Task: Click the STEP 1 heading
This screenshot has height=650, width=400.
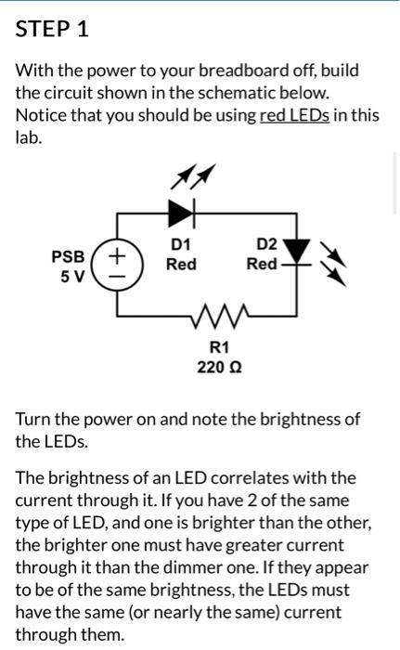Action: tap(52, 29)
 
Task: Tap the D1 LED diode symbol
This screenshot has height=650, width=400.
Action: tap(180, 213)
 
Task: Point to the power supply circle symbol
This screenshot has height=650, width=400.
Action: tap(118, 263)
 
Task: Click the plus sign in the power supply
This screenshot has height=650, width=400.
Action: tap(118, 253)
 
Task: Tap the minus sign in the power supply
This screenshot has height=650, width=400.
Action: tap(118, 275)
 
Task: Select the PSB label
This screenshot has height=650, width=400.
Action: tap(68, 255)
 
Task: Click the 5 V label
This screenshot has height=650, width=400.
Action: tap(71, 277)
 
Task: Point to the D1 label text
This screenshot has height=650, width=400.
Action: tap(181, 244)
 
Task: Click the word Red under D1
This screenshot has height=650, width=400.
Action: tap(181, 265)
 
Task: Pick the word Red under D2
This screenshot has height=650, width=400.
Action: tap(262, 265)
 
